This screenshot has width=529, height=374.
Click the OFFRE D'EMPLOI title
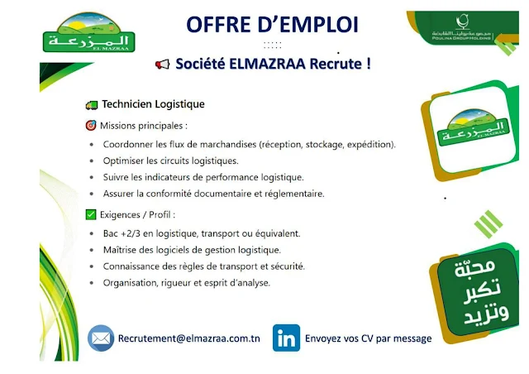coord(272,25)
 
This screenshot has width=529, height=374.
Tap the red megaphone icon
coord(163,64)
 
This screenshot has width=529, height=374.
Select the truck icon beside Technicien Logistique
coord(92,105)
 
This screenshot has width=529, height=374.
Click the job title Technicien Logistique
coord(153,104)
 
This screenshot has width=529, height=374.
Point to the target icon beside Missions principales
coord(91,125)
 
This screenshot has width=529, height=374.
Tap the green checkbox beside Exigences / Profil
coord(91,214)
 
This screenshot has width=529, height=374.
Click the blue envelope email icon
coord(101,338)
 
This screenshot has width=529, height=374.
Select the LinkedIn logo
coord(286,338)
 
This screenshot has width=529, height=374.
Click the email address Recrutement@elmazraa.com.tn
coord(189,338)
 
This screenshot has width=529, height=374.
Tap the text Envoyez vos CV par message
coord(368,338)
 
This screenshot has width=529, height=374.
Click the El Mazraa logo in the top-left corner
coord(88,32)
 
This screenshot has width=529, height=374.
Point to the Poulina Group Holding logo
coord(462,27)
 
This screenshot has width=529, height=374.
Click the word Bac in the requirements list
coord(110,233)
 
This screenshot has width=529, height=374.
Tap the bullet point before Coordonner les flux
coord(92,145)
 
